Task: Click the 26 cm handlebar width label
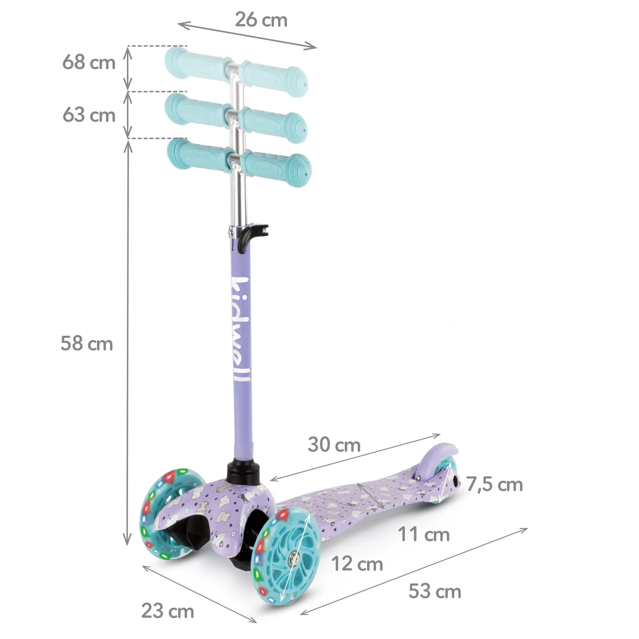[261, 20]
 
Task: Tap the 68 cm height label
[89, 62]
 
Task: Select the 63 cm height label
[89, 115]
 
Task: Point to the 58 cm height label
[87, 343]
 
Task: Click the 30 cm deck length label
[334, 445]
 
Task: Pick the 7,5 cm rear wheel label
[495, 484]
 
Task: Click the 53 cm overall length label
[435, 592]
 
